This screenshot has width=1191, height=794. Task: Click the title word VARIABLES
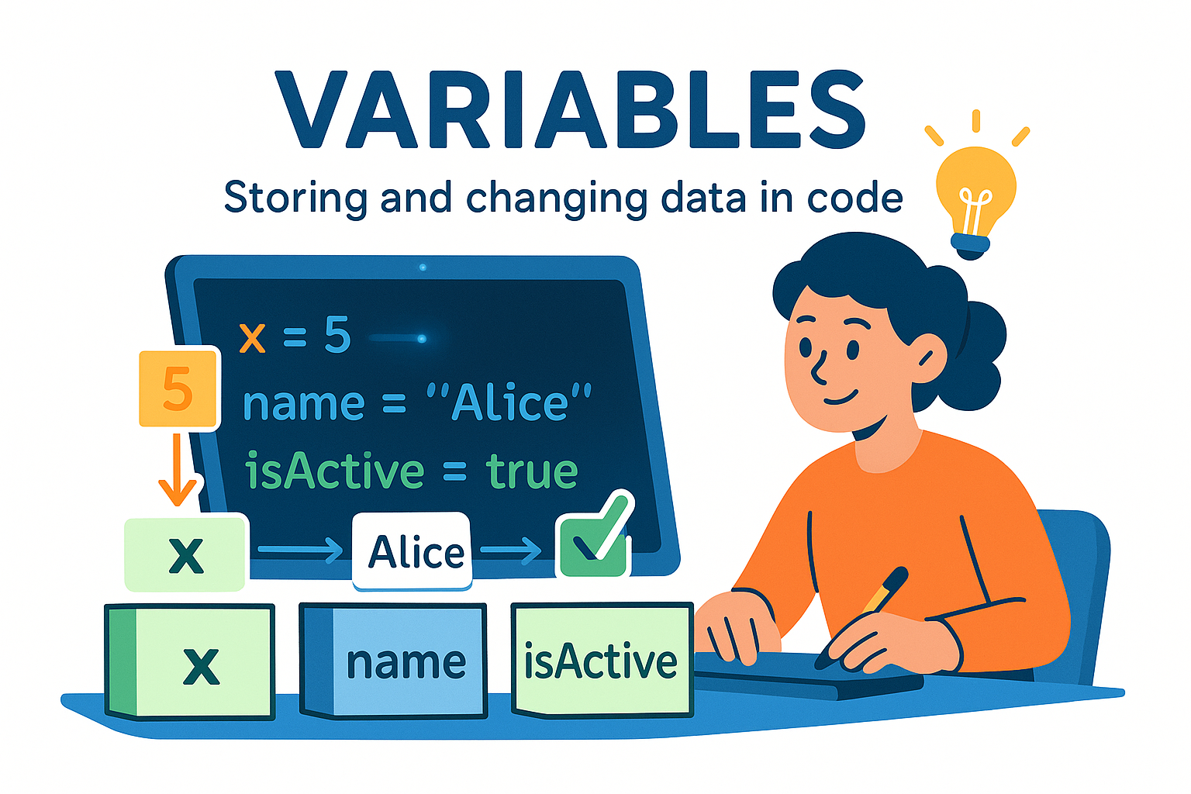point(570,110)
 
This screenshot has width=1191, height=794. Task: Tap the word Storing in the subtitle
point(295,198)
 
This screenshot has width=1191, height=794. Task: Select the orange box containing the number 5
point(178,388)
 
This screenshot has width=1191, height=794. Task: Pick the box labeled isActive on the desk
point(601,661)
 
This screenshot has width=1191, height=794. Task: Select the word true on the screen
point(532,471)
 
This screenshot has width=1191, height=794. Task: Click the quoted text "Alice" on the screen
point(509,403)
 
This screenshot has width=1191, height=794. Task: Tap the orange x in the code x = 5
point(253,338)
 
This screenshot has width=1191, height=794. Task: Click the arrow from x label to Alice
point(299,551)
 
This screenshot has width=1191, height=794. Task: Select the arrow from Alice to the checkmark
point(510,551)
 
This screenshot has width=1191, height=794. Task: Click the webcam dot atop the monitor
point(423,268)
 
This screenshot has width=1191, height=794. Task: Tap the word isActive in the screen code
point(334,471)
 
